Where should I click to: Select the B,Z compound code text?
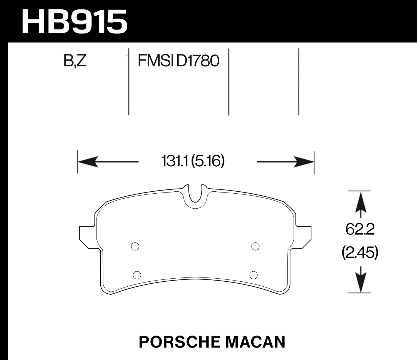click(x=75, y=61)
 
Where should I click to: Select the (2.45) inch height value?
click(x=360, y=253)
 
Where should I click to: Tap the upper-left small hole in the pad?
click(x=135, y=246)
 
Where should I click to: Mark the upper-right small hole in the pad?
click(x=255, y=246)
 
